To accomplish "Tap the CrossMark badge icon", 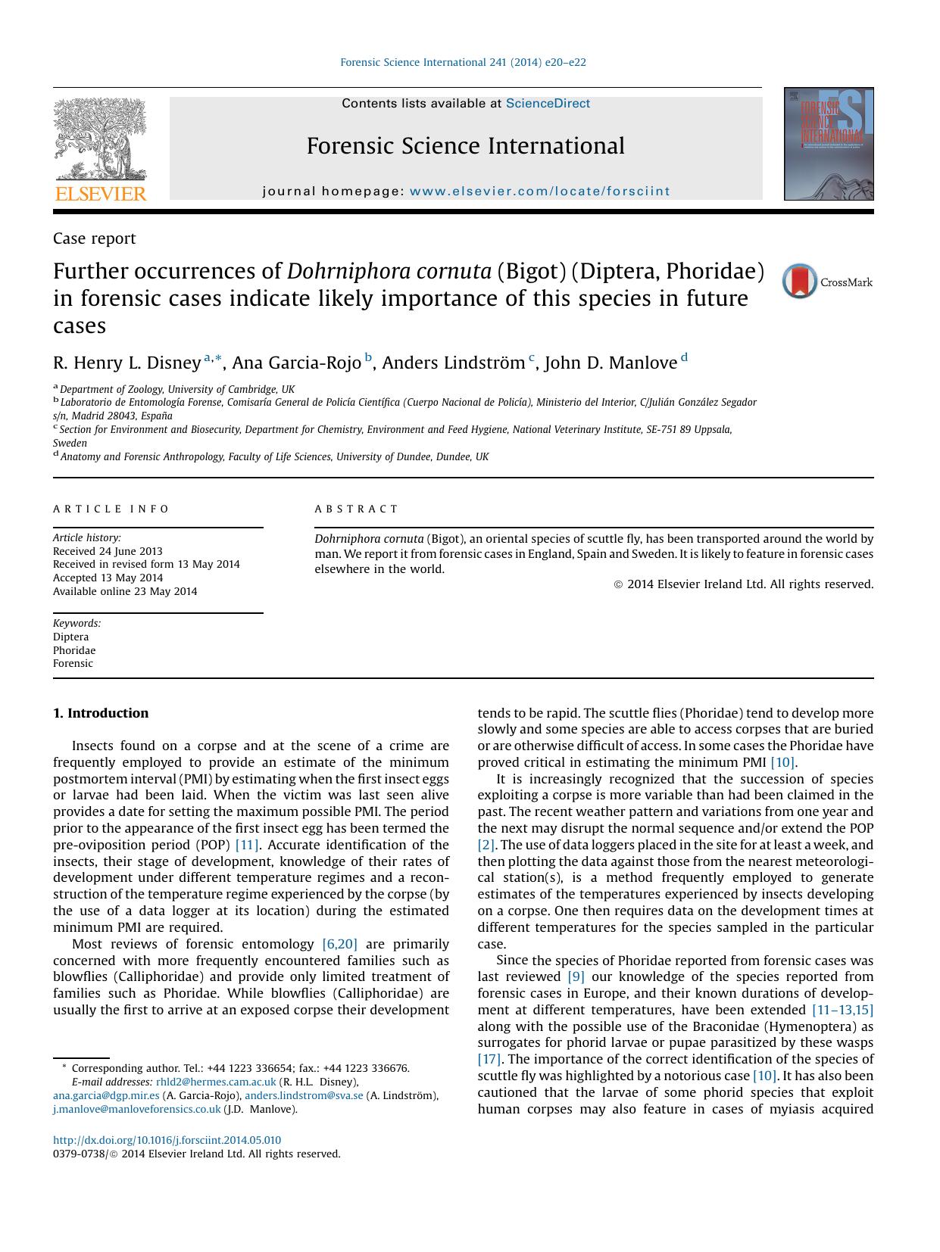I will point(800,282).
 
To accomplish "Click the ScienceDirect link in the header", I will point(548,104).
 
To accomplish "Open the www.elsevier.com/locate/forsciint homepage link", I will point(539,192).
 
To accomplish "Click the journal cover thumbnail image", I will point(829,144).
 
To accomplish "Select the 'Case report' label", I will point(94,238).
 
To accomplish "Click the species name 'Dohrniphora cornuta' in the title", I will point(389,271).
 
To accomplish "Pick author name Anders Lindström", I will point(453,363).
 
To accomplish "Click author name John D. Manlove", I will point(611,363).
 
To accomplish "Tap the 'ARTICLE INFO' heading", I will point(111,509).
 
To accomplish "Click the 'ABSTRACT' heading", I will point(356,509).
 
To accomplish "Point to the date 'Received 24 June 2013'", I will point(108,551).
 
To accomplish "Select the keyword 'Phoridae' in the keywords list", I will point(74,650).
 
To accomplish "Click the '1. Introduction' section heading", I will point(101,713).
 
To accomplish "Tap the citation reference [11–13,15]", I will point(842,1010).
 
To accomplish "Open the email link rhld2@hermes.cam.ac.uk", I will point(216,1082).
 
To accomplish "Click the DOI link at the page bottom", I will point(167,1140).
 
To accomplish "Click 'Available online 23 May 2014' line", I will point(125,591).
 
